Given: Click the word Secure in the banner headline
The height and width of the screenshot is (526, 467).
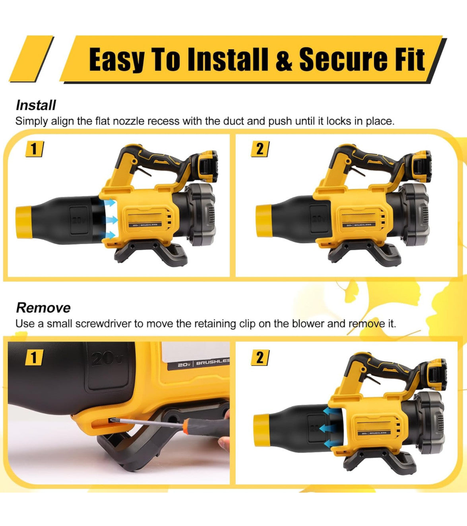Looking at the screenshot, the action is coord(345,59).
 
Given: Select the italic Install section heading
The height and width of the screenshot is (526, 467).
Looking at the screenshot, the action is coord(36,105).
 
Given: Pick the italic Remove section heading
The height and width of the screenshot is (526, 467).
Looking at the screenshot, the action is coord(43,307).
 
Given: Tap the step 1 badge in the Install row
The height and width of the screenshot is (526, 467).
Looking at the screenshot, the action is coord(34,149).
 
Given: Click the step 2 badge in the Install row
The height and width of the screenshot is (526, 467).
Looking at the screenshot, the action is coord(260,149).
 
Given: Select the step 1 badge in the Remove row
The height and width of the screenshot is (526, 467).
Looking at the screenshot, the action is coord(34,358).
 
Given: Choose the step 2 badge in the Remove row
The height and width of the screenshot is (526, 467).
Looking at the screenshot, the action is coord(260,358).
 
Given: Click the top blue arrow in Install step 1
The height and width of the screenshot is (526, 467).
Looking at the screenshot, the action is coord(110,203).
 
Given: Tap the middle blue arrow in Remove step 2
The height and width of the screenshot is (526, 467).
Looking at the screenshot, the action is coord(326,428).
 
